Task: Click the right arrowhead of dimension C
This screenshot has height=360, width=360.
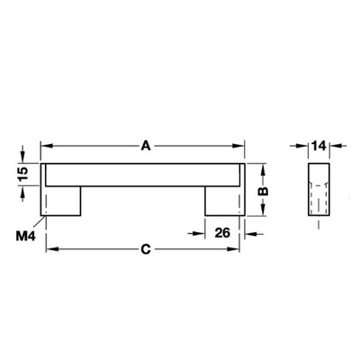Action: point(240,249)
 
